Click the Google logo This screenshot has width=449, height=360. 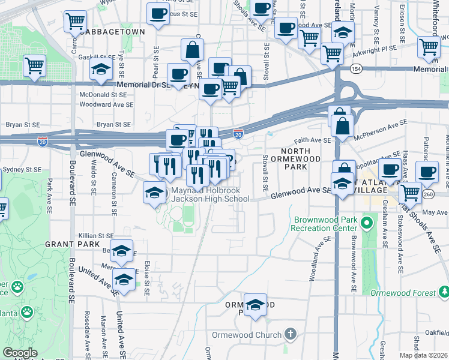[x=20, y=353]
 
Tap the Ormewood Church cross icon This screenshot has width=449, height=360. [x=290, y=334]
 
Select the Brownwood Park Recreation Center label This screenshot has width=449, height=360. [x=324, y=224]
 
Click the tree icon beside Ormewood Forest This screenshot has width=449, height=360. [x=444, y=292]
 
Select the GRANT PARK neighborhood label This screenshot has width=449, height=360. [x=67, y=245]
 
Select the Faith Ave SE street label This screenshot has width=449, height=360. [x=312, y=140]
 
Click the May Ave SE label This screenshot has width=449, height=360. [x=436, y=212]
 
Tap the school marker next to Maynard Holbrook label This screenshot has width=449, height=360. [x=154, y=193]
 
